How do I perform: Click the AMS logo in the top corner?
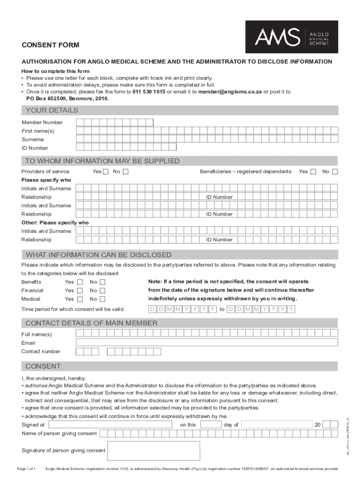point(291,36)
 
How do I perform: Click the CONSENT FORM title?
point(50,45)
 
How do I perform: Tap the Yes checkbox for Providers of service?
point(106,172)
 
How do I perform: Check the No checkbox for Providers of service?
point(125,172)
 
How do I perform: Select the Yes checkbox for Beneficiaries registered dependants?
point(313,172)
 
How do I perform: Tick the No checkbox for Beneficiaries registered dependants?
point(335,172)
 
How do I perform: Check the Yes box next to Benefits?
point(79,282)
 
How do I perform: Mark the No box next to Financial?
point(102,290)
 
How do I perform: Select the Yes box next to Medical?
point(79,299)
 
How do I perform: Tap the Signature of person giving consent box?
point(153,450)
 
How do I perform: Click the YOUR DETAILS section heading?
point(51,110)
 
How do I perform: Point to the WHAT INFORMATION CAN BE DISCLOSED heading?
point(98,255)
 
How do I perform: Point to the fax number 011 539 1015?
point(149,92)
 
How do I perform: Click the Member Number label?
point(42,123)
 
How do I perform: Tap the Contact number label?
point(41,351)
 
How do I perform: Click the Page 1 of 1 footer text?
point(26,469)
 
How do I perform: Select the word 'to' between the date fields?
point(222,310)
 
